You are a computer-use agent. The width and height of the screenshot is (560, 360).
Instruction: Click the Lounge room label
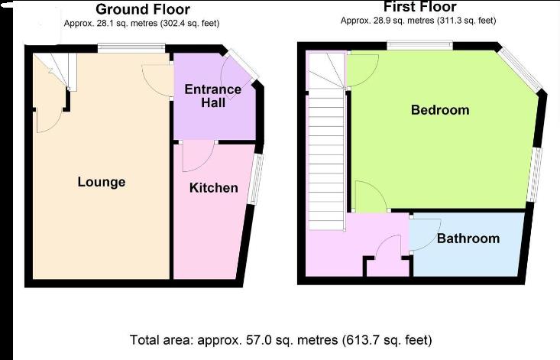[x=102, y=182]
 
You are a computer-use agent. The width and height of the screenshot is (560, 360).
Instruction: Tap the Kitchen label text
[x=214, y=188]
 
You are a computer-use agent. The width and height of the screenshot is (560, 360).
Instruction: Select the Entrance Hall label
[x=213, y=96]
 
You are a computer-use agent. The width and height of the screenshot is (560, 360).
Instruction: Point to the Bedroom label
[x=440, y=109]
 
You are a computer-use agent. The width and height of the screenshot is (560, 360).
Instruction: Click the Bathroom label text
[x=468, y=238]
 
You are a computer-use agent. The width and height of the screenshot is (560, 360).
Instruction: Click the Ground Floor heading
[x=143, y=9]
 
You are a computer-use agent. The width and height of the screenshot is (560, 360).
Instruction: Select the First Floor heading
[x=420, y=7]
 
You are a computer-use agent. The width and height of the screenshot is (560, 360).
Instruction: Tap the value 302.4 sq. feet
[x=189, y=24]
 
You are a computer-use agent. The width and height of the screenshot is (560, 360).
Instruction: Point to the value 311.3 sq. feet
[x=467, y=21]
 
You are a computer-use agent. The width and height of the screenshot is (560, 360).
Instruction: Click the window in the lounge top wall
[x=131, y=48]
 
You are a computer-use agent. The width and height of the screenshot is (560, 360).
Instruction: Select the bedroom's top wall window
[x=420, y=46]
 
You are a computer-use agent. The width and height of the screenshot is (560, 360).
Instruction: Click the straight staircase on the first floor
[x=326, y=160]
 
